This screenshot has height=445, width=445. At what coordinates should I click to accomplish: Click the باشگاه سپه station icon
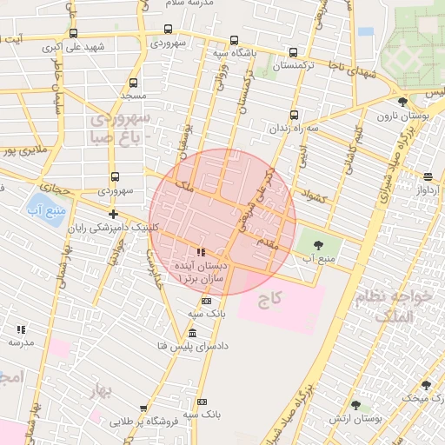(x=235, y=40)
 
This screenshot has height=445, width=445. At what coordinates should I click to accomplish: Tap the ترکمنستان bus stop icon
(x=292, y=52)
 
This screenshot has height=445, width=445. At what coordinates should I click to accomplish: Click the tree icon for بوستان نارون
(x=402, y=103)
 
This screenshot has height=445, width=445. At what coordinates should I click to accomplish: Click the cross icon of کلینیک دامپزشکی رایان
(x=113, y=213)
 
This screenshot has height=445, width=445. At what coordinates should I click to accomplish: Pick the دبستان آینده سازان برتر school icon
(x=202, y=253)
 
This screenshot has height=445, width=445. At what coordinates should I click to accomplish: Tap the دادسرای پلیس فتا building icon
(x=192, y=334)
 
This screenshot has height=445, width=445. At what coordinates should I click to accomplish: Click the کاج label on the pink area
(x=276, y=298)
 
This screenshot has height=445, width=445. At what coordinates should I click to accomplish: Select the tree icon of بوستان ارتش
(x=355, y=405)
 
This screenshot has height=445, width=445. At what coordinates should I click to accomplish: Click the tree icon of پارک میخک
(x=425, y=384)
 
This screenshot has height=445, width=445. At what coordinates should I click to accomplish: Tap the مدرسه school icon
(x=21, y=329)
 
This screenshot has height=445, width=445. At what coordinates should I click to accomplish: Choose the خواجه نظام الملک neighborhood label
(x=401, y=306)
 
